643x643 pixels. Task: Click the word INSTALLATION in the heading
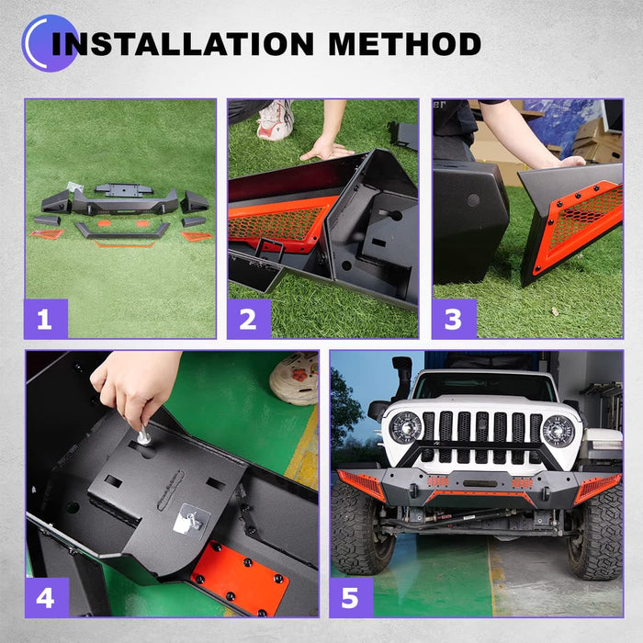coord(183,43)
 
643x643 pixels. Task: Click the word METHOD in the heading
coord(405,43)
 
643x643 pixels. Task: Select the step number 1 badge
coord(46,319)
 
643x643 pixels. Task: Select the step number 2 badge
coord(249,319)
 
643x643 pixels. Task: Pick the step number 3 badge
coord(454,319)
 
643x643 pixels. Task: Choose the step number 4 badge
coord(47,597)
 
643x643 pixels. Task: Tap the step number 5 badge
coord(352,597)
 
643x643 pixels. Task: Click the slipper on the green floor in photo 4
coord(295,378)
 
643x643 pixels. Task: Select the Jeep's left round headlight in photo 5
coord(405,428)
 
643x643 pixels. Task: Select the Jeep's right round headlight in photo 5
coord(558,431)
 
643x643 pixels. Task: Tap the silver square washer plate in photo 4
coord(191,519)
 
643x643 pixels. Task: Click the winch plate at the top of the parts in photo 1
coord(124,189)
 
